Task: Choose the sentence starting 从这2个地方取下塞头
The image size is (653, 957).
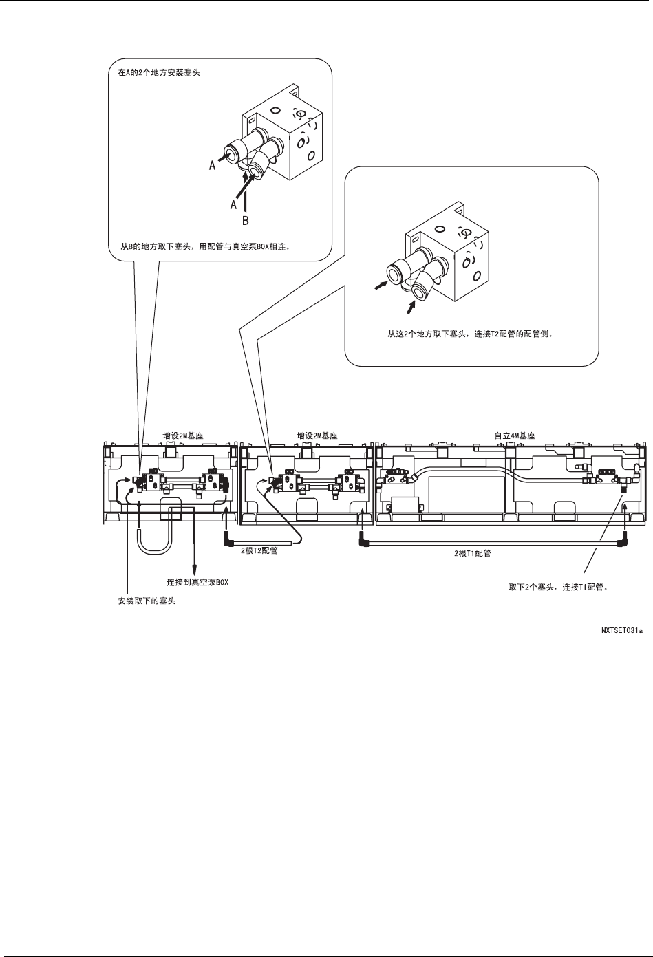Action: point(471,336)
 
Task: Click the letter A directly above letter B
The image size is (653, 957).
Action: point(234,204)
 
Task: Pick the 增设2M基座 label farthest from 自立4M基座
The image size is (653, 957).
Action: point(182,436)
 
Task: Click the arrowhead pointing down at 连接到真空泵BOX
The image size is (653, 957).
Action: point(195,568)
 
